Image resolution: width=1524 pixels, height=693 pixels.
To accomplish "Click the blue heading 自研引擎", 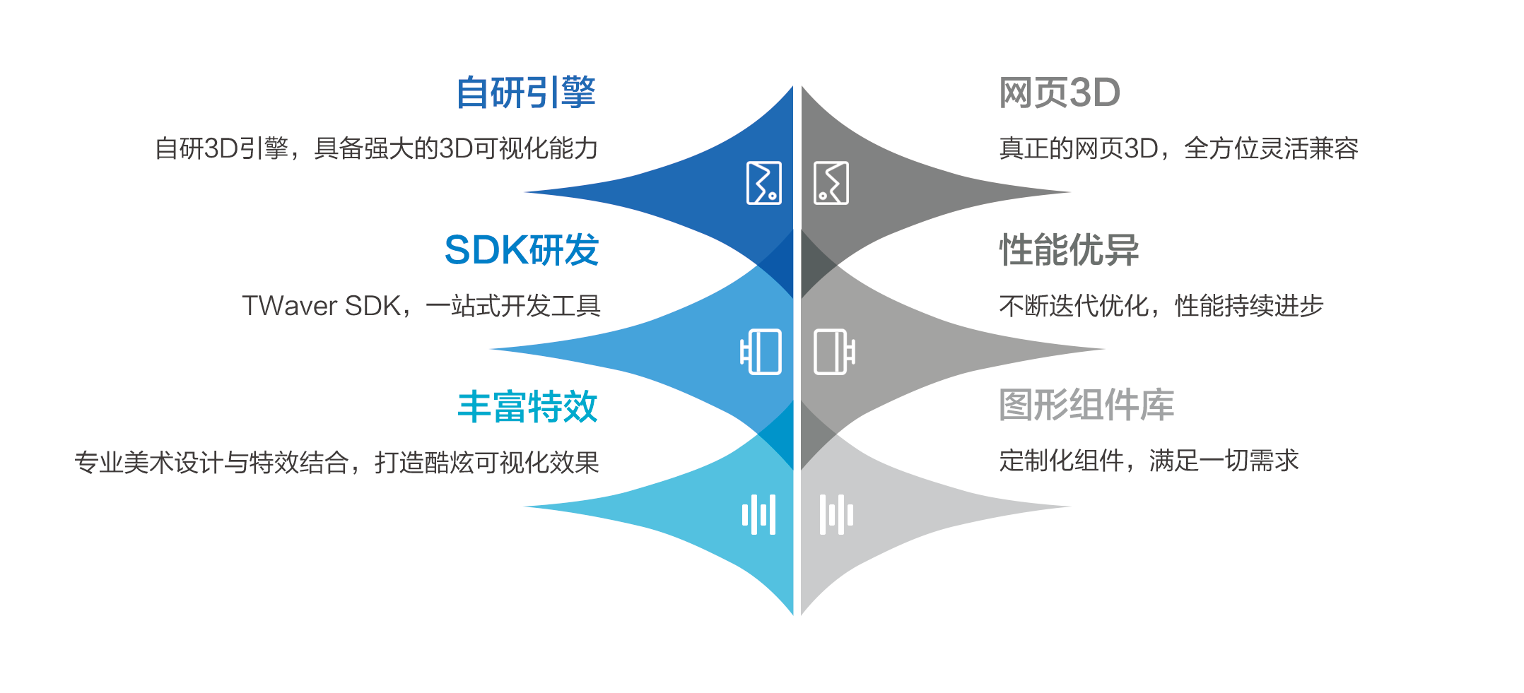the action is [526, 93].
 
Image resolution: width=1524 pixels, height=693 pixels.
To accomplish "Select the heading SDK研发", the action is [522, 250].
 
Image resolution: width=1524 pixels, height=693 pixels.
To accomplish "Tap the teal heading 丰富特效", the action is [527, 407].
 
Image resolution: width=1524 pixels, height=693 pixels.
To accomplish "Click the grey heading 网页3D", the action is [1060, 93].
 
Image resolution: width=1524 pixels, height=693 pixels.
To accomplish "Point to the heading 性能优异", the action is [1069, 250].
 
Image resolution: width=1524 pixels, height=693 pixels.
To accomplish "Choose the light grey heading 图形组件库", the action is [1086, 405].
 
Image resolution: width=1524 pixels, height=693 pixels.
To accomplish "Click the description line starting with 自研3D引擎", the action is [377, 148].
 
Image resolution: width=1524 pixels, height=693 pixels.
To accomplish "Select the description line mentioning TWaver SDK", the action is [421, 306].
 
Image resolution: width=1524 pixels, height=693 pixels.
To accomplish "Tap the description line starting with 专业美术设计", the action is [336, 463].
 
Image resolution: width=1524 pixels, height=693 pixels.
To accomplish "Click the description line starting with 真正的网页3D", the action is [1178, 148].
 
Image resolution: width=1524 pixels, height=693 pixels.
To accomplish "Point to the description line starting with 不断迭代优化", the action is [1161, 306].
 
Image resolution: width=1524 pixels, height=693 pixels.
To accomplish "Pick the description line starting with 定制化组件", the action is [1149, 461].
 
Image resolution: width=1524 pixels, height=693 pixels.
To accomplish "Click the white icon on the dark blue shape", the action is [764, 183].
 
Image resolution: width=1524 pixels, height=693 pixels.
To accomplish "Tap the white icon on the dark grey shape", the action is [831, 183].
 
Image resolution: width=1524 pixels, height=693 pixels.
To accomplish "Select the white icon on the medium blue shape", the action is [761, 352].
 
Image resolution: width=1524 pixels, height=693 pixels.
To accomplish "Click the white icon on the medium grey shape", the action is [835, 352].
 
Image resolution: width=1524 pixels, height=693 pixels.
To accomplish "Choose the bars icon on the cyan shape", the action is [758, 514].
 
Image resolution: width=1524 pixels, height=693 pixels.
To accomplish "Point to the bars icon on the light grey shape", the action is [836, 514].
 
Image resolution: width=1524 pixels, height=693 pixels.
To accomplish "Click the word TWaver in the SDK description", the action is [290, 306].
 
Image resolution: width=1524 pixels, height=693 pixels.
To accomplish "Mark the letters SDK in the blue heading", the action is [487, 250].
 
